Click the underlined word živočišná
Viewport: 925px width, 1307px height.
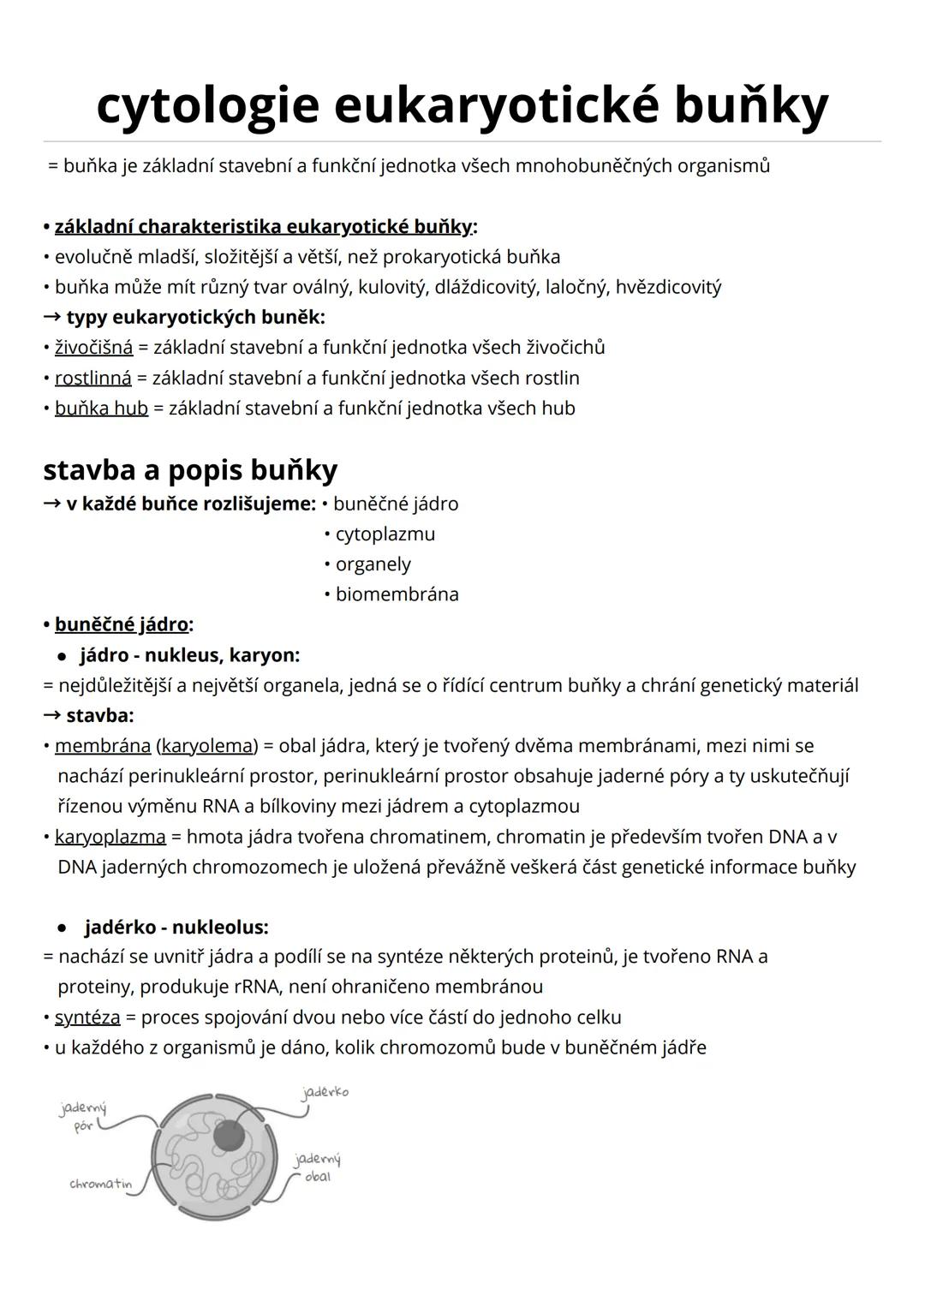(93, 348)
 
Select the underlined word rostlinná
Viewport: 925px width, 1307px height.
(92, 378)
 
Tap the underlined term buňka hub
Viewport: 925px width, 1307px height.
(101, 409)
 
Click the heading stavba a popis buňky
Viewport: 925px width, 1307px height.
(190, 469)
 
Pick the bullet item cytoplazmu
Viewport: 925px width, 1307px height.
(385, 534)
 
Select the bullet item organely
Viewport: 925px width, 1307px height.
(373, 564)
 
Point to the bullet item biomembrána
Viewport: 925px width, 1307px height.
(397, 594)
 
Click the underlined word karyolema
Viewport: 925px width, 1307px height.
(207, 746)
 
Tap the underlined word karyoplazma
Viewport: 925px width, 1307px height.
(110, 837)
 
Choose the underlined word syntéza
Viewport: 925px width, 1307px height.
(87, 1018)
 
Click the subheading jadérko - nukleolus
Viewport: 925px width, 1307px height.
(176, 928)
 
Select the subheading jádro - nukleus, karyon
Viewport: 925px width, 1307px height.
(189, 655)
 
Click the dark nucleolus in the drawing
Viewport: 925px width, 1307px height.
(229, 1136)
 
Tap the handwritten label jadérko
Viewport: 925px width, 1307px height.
(325, 1093)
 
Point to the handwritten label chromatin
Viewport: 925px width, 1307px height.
(100, 1185)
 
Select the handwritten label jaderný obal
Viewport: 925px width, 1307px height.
(317, 1168)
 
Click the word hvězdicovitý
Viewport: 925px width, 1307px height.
(668, 287)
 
